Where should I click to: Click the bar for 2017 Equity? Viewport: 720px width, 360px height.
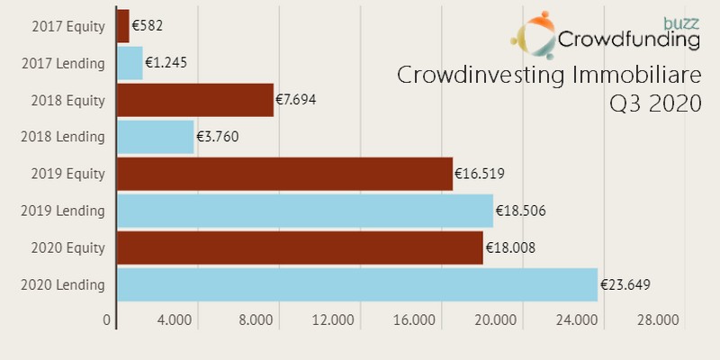point(123,26)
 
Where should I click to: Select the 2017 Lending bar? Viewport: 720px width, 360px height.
point(130,63)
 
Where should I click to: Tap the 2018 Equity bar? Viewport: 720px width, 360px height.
point(195,100)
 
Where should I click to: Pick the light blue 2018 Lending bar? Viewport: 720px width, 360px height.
point(156,137)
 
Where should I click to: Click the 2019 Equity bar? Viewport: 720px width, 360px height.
point(284,174)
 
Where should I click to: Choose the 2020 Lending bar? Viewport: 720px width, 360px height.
point(357,284)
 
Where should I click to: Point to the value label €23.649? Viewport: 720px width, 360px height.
point(625,285)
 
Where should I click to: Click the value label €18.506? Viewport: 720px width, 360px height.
point(520,211)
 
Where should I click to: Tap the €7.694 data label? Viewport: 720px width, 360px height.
point(296,100)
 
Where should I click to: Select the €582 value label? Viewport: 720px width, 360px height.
point(148,26)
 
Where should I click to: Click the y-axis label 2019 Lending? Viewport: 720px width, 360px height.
point(68,211)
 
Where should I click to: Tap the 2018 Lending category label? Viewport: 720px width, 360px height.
point(68,137)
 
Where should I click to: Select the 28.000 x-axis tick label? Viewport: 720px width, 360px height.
point(658,320)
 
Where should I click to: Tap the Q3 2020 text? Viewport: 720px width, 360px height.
point(654,104)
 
